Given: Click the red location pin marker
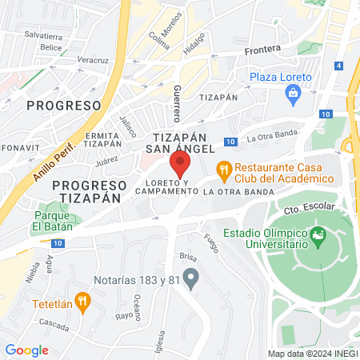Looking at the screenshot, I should click(x=180, y=166).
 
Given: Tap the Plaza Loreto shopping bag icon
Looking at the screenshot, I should click(x=294, y=94).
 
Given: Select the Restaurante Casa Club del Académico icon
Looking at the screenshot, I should click(x=224, y=170).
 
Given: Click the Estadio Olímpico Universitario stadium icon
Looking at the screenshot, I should click(x=318, y=237).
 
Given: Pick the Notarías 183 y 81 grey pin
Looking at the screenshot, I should click(x=190, y=278).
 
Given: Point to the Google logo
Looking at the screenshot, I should click(x=26, y=350).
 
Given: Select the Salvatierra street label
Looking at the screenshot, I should click(x=43, y=36).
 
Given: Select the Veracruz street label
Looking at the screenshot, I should click(x=93, y=60).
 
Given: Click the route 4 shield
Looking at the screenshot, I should click(x=339, y=66).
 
